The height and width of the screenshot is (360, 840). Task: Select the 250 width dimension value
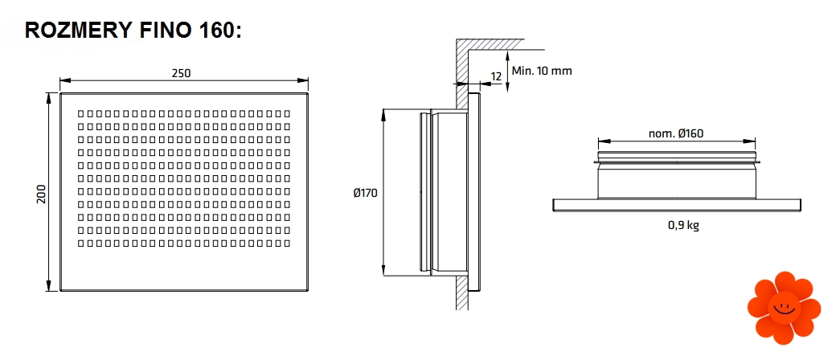[182, 73]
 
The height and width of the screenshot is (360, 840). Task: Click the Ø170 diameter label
[365, 193]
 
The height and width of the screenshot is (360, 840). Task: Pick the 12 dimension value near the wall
[495, 76]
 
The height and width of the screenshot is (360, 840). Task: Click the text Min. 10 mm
[542, 71]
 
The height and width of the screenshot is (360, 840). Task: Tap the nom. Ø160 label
[676, 133]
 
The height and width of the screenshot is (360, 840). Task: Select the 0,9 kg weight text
[683, 226]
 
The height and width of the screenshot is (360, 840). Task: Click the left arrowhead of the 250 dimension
[65, 80]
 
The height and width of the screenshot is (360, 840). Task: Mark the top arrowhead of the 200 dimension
[51, 96]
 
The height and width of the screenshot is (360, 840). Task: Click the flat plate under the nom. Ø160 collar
[677, 205]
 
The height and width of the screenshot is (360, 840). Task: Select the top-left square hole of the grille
[80, 114]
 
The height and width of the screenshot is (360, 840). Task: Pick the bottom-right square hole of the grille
[287, 242]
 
